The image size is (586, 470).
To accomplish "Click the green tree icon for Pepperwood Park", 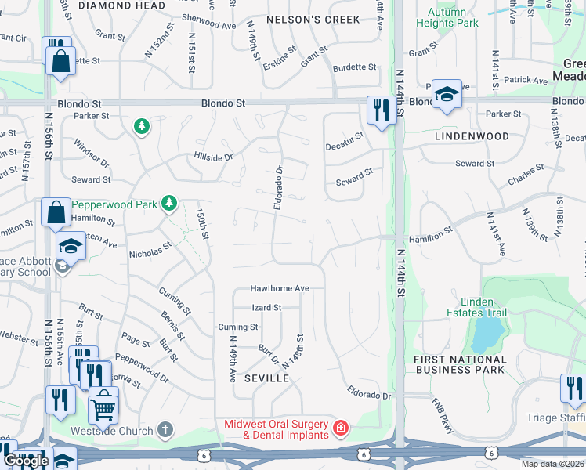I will click(x=168, y=204).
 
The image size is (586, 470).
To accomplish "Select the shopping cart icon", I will click(x=103, y=405).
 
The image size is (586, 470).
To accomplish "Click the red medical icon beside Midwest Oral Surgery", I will click(x=341, y=428).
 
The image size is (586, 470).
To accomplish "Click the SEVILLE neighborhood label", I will click(x=266, y=378).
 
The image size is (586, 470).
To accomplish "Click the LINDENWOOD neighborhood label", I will click(x=472, y=136).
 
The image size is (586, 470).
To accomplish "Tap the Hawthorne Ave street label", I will click(x=280, y=288).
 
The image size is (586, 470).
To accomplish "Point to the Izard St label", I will click(x=267, y=308).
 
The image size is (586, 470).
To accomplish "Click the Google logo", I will click(x=26, y=461).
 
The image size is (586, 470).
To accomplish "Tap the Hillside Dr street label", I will click(x=214, y=157).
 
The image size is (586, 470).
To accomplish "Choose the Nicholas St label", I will click(x=150, y=253).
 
